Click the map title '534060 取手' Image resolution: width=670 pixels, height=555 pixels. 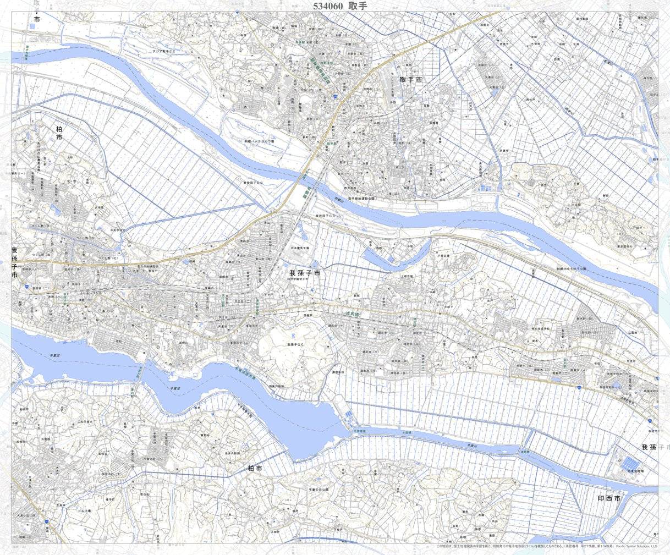(x=339, y=6)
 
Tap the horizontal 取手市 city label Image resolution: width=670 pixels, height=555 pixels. (x=411, y=80)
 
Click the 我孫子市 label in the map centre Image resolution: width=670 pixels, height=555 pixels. (x=305, y=272)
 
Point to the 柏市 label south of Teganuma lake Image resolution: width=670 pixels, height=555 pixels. (x=255, y=469)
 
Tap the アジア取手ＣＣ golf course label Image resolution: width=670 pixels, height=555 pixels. (x=164, y=51)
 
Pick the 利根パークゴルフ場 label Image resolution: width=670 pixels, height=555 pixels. (x=260, y=141)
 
